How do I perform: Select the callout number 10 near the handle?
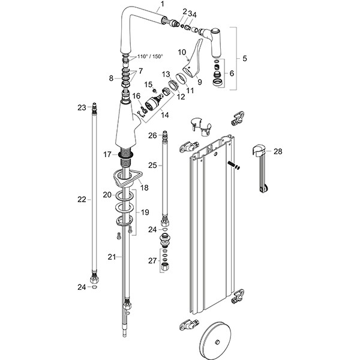181,52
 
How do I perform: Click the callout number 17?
107,154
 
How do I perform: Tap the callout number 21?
110,256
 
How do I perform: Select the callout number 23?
82,107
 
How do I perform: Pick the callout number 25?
152,164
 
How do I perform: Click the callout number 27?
152,260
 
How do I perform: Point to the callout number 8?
110,78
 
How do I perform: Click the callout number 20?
107,195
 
